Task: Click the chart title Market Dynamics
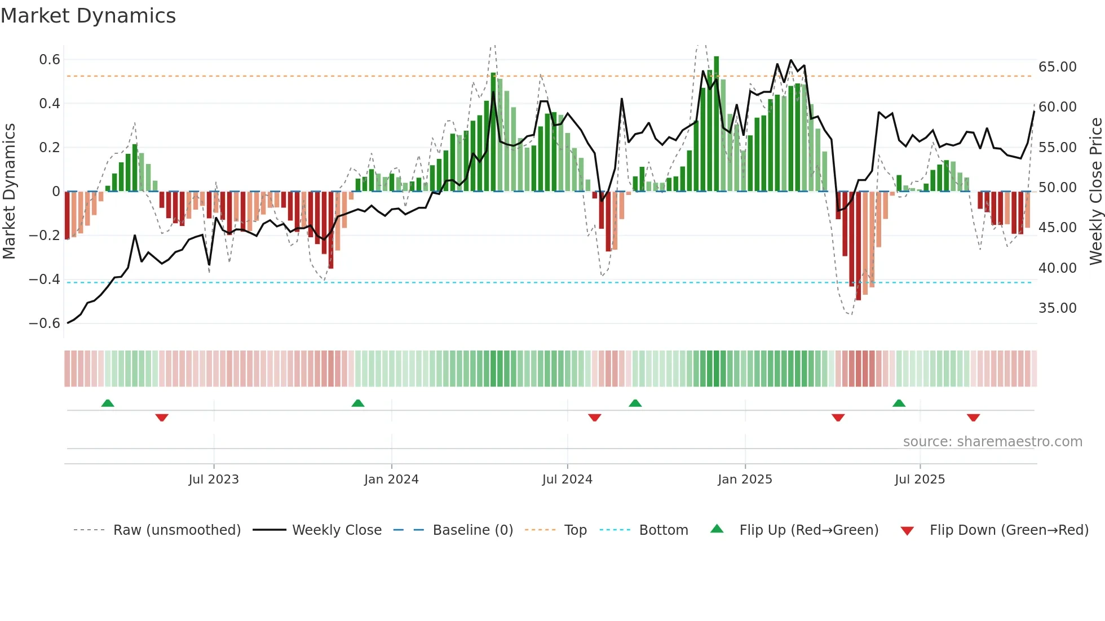click(89, 16)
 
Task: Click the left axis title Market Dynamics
click(10, 191)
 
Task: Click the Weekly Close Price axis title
click(1095, 191)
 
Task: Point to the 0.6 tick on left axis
click(50, 60)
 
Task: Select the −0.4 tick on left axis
click(45, 280)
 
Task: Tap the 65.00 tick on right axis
click(1057, 67)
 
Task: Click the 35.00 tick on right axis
click(1057, 308)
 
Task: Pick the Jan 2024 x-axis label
click(391, 480)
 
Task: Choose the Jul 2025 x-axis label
click(920, 480)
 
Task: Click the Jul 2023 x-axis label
click(214, 480)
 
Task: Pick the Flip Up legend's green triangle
click(717, 529)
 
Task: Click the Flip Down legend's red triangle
click(907, 531)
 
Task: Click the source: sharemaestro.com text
click(992, 442)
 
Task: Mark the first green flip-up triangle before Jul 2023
click(108, 403)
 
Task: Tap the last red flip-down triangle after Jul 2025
click(973, 418)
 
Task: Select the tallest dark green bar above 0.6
click(717, 124)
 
